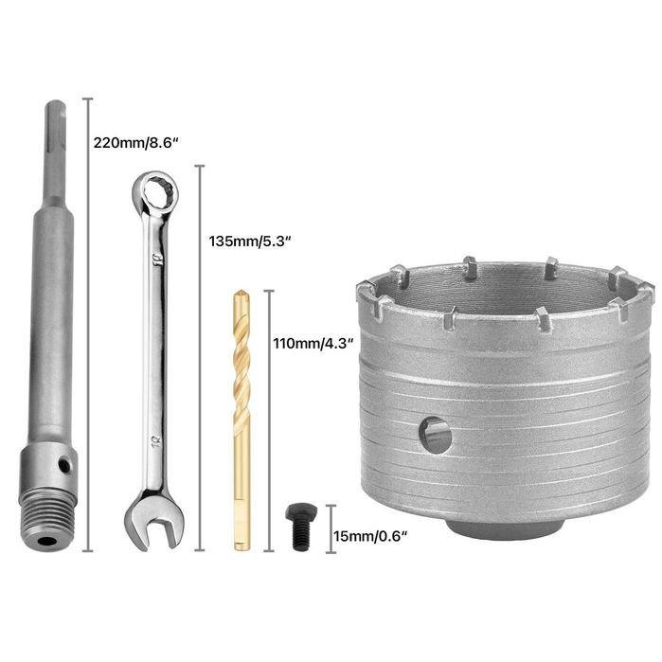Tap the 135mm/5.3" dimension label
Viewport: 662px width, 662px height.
tap(249, 240)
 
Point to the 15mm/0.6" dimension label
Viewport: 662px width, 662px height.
tap(370, 536)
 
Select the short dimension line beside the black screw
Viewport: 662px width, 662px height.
tap(328, 528)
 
